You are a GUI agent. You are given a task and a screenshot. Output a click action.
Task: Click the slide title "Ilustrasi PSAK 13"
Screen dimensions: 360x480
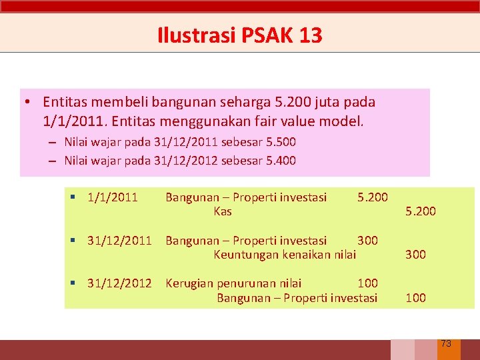click(x=240, y=35)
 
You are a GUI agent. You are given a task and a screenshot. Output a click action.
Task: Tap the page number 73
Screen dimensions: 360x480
click(x=446, y=343)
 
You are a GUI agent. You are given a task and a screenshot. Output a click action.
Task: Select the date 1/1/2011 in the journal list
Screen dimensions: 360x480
click(x=112, y=197)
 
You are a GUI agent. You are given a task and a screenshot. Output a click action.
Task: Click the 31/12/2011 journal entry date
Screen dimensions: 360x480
click(x=119, y=241)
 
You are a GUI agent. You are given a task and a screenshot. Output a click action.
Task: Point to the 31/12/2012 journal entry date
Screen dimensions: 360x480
click(x=119, y=283)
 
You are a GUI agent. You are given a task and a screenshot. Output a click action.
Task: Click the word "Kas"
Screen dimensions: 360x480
click(x=223, y=211)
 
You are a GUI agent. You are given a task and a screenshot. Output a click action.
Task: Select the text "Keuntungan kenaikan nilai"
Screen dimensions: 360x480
click(x=285, y=254)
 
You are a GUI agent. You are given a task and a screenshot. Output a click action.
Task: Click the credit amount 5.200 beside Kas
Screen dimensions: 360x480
click(x=421, y=211)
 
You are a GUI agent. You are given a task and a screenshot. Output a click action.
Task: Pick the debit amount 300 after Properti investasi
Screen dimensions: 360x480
click(x=367, y=241)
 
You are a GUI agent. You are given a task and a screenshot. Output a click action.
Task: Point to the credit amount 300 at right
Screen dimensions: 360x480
click(x=415, y=254)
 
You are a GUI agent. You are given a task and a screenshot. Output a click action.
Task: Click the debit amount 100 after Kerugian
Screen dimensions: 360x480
click(x=367, y=283)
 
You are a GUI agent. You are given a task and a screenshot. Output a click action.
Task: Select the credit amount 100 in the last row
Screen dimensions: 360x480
click(x=415, y=297)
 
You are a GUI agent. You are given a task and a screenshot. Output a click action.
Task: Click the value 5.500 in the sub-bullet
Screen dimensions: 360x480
click(x=281, y=142)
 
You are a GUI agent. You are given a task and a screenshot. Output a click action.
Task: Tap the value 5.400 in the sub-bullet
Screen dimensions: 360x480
click(x=281, y=161)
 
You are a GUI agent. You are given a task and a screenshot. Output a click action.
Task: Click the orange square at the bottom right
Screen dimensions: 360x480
click(x=449, y=350)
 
